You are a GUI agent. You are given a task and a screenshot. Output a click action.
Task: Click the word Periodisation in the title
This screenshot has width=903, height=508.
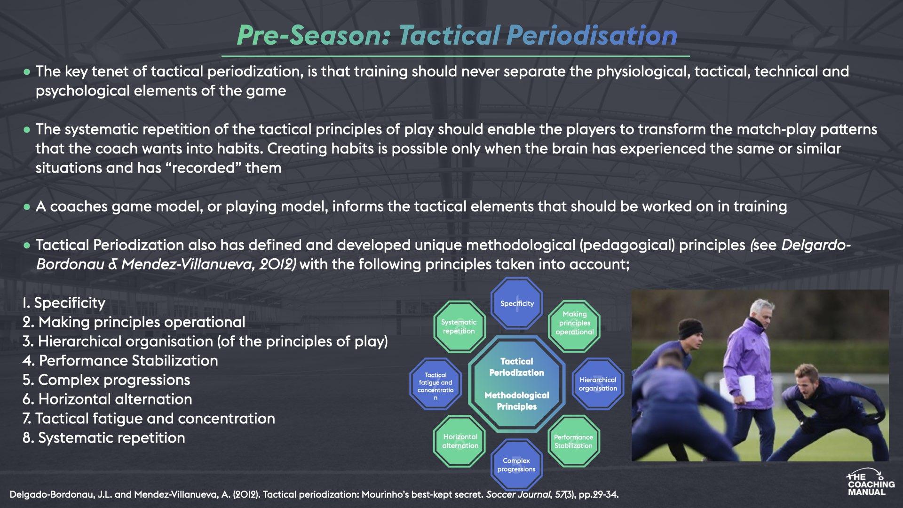[x=592, y=35]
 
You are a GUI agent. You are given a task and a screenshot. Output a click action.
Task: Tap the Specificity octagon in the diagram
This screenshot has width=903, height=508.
[x=517, y=303]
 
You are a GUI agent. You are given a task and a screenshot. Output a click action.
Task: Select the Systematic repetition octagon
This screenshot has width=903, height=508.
[x=459, y=326]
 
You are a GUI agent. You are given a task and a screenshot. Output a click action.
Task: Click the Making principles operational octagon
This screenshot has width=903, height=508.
[x=574, y=323]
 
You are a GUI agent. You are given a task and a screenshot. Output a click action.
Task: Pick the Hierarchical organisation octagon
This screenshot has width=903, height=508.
[x=598, y=384]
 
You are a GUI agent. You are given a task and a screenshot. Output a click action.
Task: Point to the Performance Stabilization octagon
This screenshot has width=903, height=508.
[x=573, y=441]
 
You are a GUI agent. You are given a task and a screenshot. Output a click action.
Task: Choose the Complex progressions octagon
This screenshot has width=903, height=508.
[x=516, y=465]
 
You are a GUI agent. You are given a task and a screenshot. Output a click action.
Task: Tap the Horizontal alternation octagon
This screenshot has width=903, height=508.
[x=460, y=441]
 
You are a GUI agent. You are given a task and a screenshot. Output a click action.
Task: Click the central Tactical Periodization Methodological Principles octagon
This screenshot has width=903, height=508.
[x=516, y=383]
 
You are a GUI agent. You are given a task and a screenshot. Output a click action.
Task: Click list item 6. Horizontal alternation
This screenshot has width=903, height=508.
[x=107, y=399]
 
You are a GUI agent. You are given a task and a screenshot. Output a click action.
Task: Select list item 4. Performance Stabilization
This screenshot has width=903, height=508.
[x=120, y=361]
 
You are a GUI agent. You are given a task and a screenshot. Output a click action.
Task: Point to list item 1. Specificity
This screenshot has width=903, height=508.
[x=64, y=303]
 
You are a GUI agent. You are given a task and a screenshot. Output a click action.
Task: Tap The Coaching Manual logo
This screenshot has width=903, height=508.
[x=871, y=483]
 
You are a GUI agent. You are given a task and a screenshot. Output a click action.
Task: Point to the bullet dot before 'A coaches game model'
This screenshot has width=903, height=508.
[x=27, y=207]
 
